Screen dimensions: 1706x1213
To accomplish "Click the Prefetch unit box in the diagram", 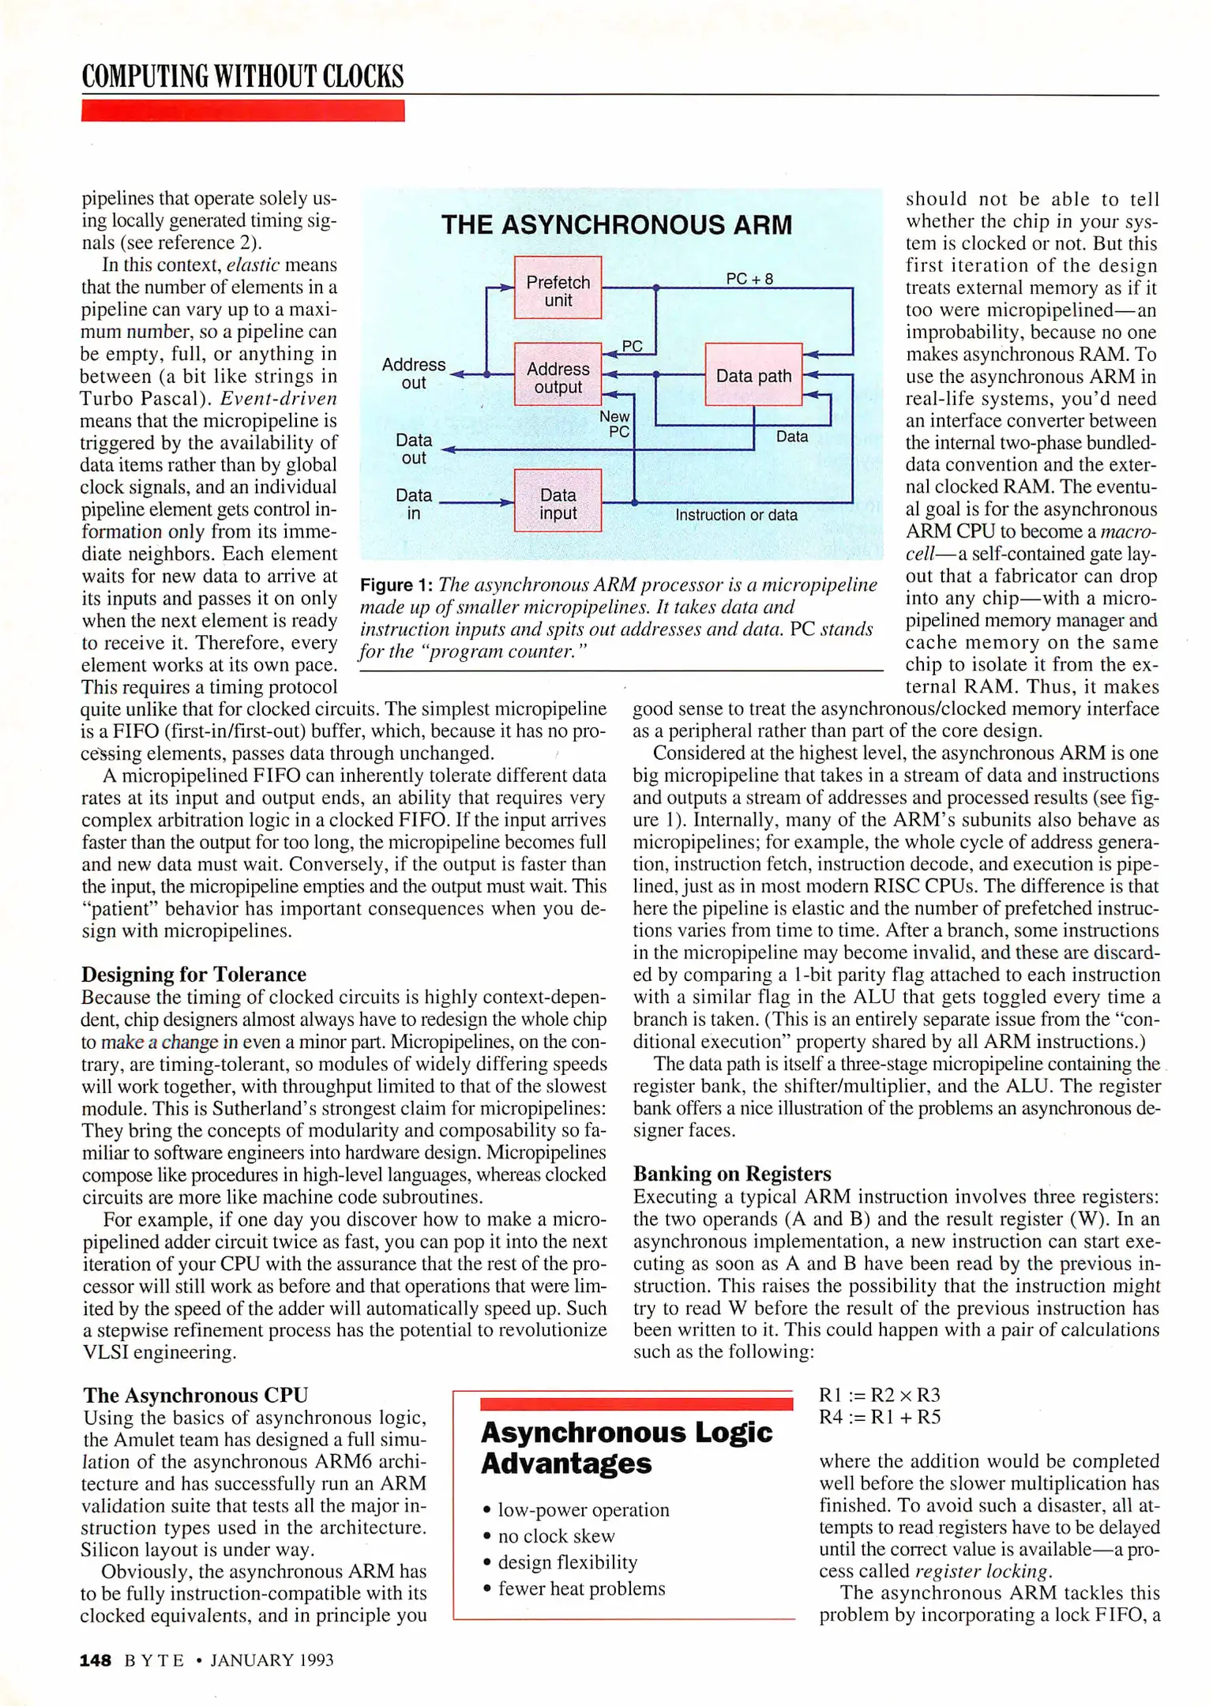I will tap(558, 288).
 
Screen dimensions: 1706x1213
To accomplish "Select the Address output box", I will tap(558, 375).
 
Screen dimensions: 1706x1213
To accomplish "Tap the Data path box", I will tap(753, 375).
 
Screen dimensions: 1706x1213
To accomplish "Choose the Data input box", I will tap(558, 502).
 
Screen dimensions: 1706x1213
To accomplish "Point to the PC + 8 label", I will tap(749, 278).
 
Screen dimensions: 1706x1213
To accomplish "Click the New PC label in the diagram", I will tap(615, 423).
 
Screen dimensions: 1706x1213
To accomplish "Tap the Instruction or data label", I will tap(736, 515).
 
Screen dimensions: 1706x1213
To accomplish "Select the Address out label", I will tap(414, 374).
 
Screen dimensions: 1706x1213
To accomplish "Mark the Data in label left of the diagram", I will tap(414, 504).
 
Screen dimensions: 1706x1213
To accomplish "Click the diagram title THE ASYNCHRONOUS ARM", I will tap(616, 225).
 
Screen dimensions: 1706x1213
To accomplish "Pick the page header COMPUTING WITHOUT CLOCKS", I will tap(242, 77).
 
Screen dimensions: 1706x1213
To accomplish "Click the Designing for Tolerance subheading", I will tap(193, 974).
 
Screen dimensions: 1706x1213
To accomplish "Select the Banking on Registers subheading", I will tap(732, 1173).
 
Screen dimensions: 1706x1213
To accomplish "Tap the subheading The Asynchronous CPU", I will tap(195, 1395).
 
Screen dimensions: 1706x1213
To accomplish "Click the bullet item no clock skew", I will tap(556, 1535).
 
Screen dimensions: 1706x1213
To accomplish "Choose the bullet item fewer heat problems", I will tap(581, 1588).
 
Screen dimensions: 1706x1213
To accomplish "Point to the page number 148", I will tap(96, 1660).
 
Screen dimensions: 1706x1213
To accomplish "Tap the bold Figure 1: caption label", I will tap(396, 585).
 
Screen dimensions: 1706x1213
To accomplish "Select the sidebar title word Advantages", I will tap(566, 1464).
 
